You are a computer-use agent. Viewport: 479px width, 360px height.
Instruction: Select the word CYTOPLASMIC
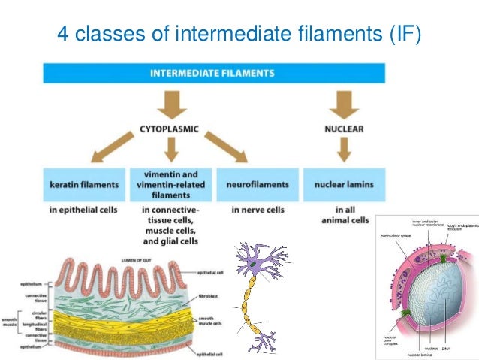[x=169, y=129]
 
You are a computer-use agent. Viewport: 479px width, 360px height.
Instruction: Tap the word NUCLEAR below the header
[x=344, y=129]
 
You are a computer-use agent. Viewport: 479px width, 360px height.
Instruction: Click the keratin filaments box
[x=84, y=183]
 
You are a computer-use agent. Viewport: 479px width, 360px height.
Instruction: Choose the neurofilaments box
[x=258, y=183]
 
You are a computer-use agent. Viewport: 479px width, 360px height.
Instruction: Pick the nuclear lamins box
[x=343, y=183]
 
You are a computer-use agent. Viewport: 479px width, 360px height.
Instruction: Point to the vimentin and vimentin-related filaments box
[x=170, y=183]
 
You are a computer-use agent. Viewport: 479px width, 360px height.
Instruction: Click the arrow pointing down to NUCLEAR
[x=343, y=101]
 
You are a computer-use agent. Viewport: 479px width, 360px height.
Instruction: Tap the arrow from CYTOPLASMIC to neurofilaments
[x=227, y=150]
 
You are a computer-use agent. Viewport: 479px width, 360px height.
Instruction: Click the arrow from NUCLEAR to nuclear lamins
[x=343, y=153]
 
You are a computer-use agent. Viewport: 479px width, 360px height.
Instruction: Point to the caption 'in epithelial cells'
[x=84, y=210]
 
